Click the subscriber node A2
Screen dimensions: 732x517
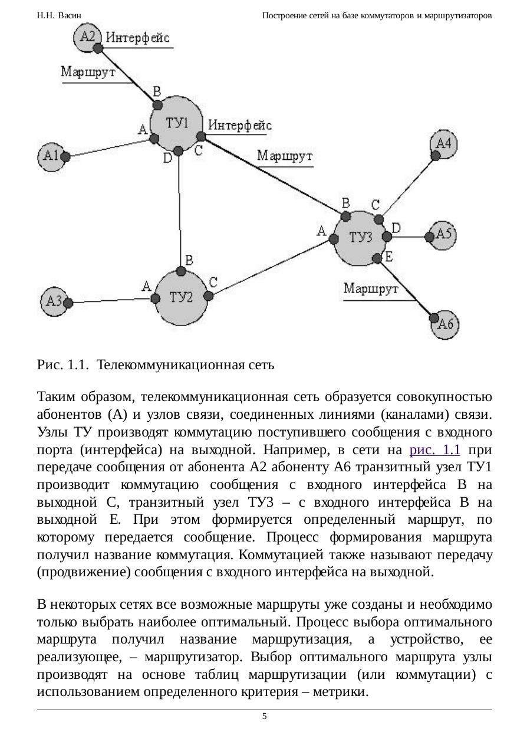pos(87,37)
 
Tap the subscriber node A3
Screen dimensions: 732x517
pos(54,301)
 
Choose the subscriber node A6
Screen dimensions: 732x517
pos(446,324)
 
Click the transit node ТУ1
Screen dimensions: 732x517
pos(177,124)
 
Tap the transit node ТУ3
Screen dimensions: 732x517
pos(360,238)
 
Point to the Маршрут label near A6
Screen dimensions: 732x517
pos(371,289)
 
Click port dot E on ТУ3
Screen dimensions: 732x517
pos(377,258)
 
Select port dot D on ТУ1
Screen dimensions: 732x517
pos(179,151)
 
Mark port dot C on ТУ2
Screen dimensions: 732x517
pos(208,295)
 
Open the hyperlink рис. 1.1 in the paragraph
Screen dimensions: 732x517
pos(434,449)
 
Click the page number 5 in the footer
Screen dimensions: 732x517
pos(264,716)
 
